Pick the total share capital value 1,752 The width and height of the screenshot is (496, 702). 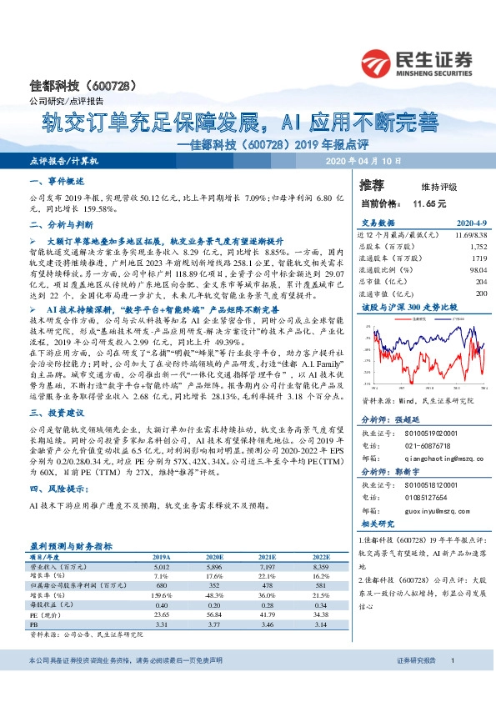tap(477, 248)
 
